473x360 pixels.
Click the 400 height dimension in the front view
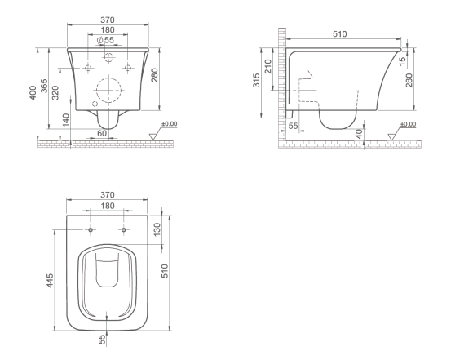33,92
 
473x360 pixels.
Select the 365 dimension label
44,86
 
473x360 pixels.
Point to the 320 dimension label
55,92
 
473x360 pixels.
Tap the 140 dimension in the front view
66,120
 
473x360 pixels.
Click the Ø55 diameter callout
105,39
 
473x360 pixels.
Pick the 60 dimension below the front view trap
102,133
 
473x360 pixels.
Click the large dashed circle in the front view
108,90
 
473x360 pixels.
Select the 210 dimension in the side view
267,66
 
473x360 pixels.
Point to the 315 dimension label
256,80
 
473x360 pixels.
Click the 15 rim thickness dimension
402,61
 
